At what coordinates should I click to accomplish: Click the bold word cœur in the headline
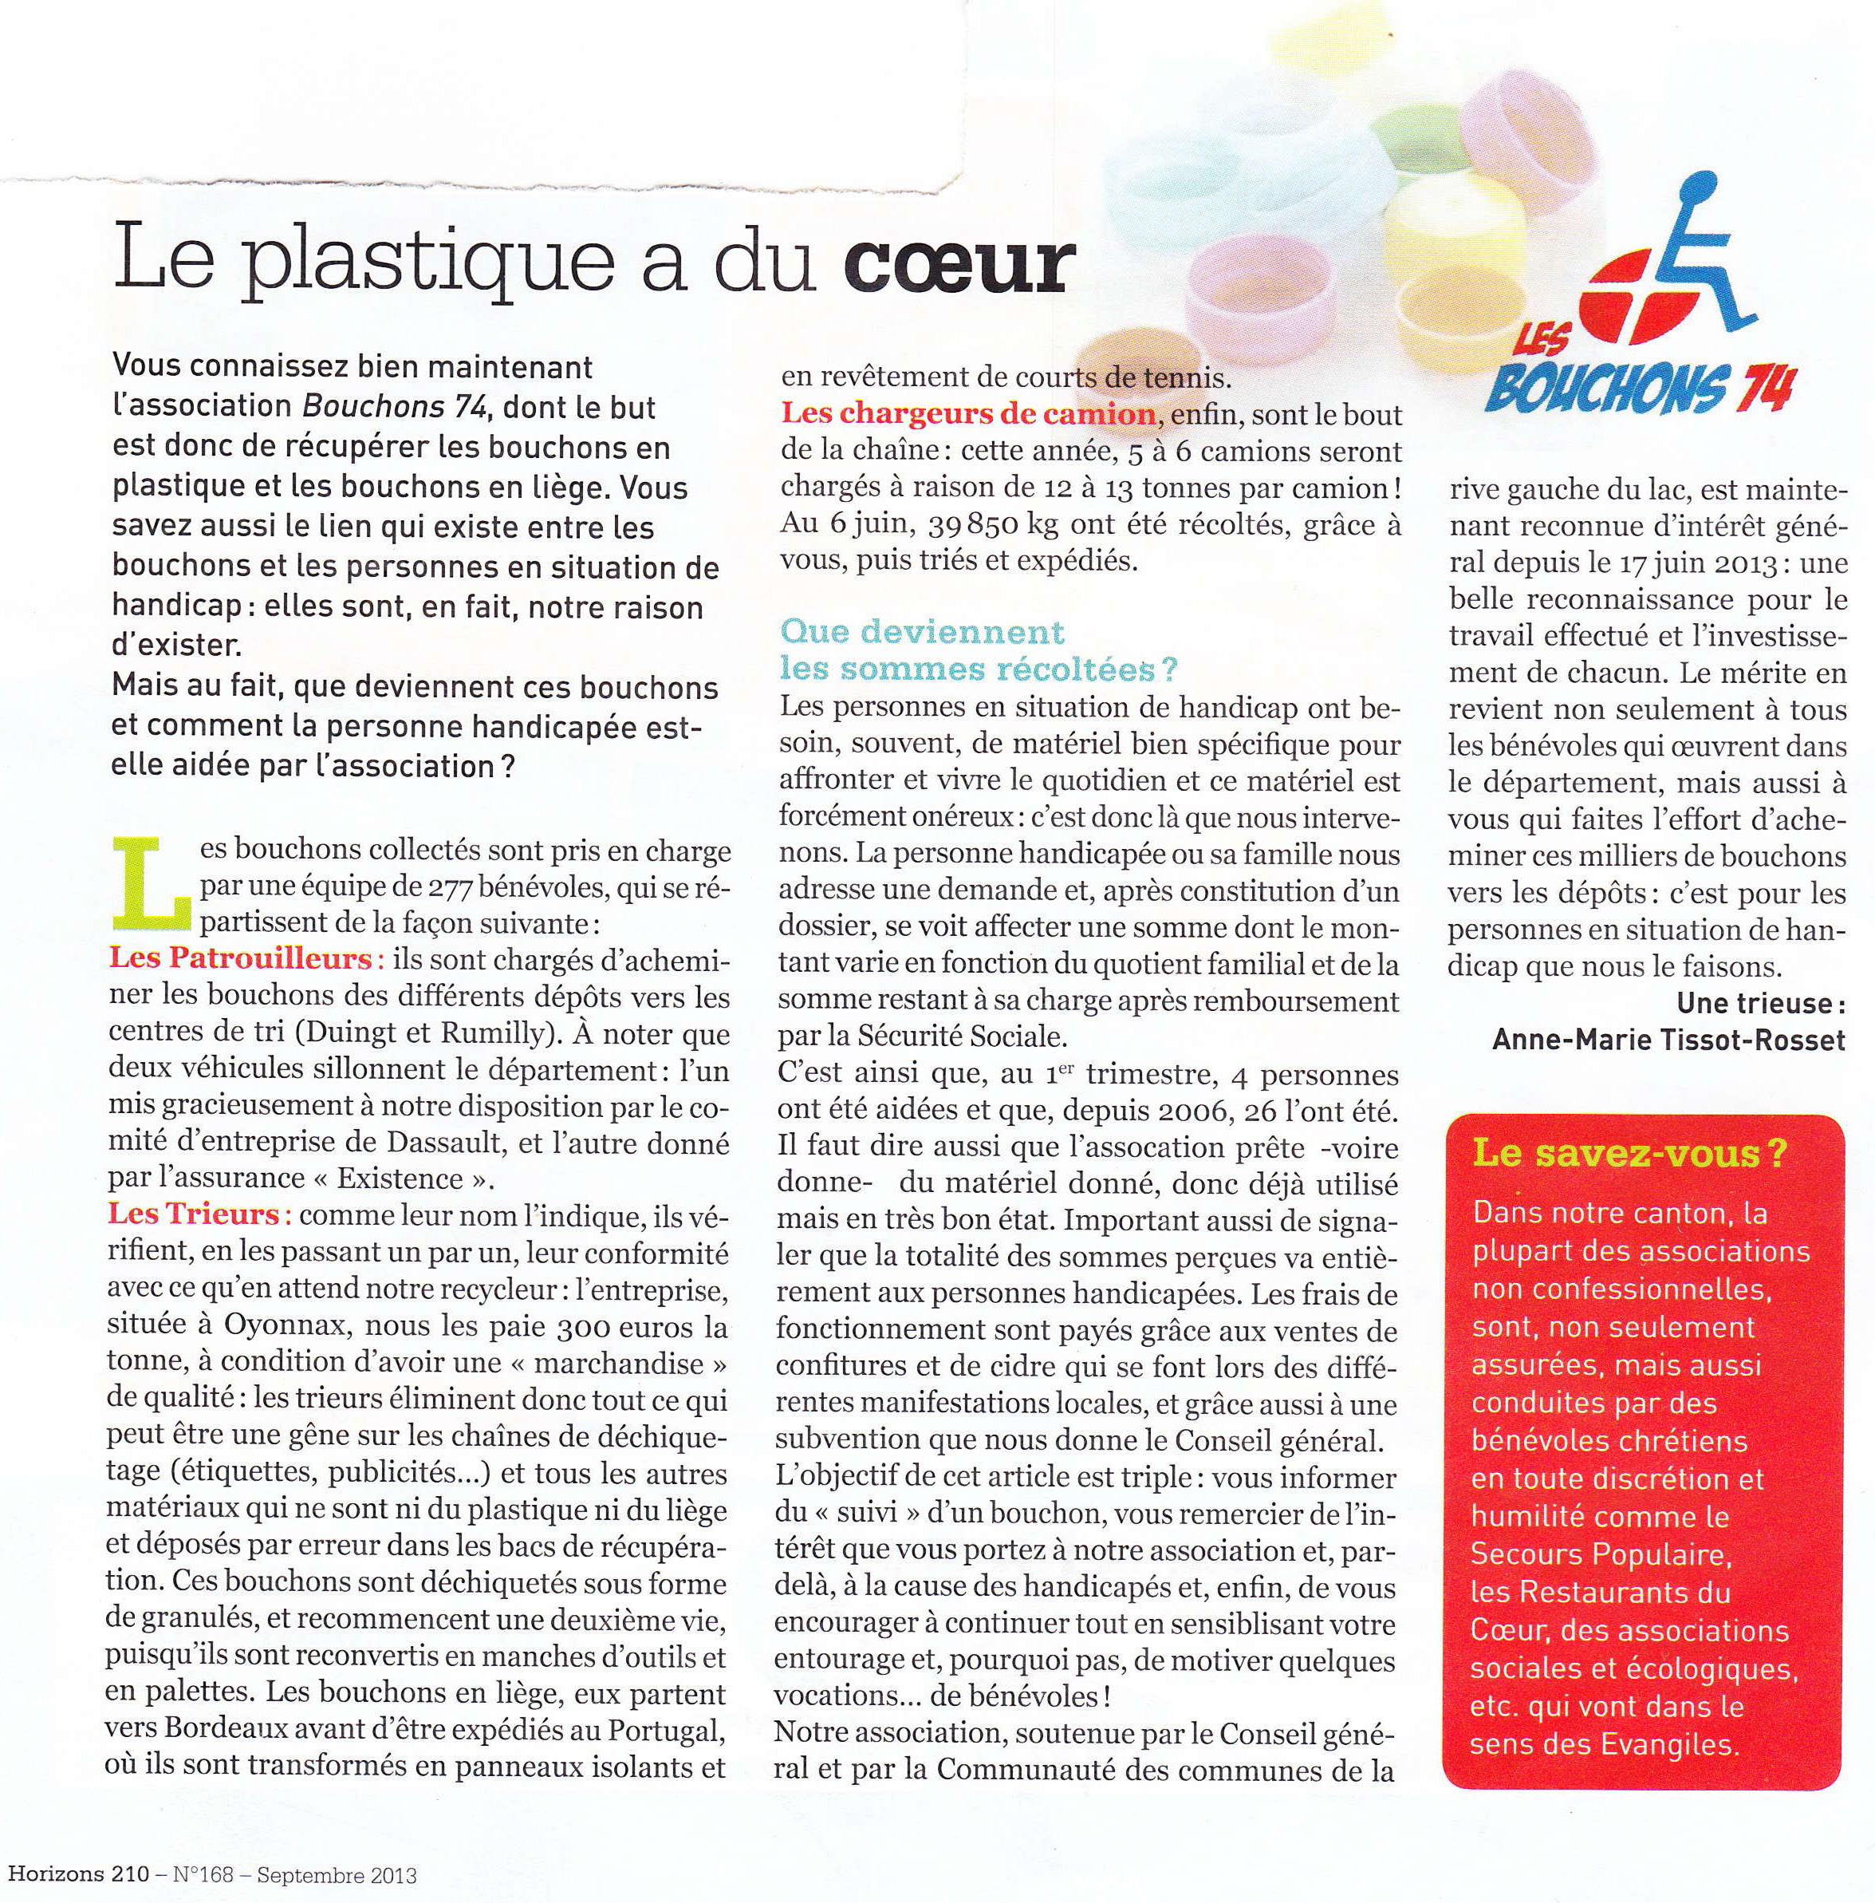tap(955, 263)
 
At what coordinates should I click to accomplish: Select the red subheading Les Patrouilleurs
tap(240, 957)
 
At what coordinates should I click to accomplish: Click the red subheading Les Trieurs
tap(199, 1214)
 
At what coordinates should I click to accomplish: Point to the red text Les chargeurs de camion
tap(968, 413)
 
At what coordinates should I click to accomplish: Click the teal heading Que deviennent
tap(922, 631)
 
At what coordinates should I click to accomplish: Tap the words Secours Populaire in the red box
tap(1599, 1554)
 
